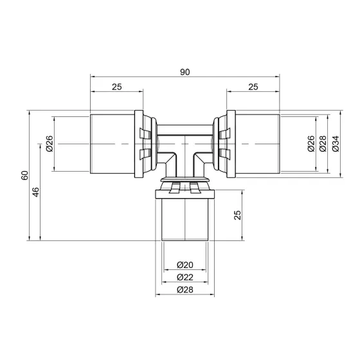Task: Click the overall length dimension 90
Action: pyautogui.click(x=184, y=72)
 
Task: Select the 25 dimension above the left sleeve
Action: pyautogui.click(x=116, y=86)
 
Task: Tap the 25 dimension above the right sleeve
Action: pyautogui.click(x=252, y=86)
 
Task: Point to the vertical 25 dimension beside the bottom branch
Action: pyautogui.click(x=237, y=215)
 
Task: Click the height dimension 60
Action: pyautogui.click(x=24, y=175)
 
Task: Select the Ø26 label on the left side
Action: pyautogui.click(x=50, y=145)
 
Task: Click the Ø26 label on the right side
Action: pyautogui.click(x=311, y=145)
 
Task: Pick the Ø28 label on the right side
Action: pyautogui.click(x=323, y=145)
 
